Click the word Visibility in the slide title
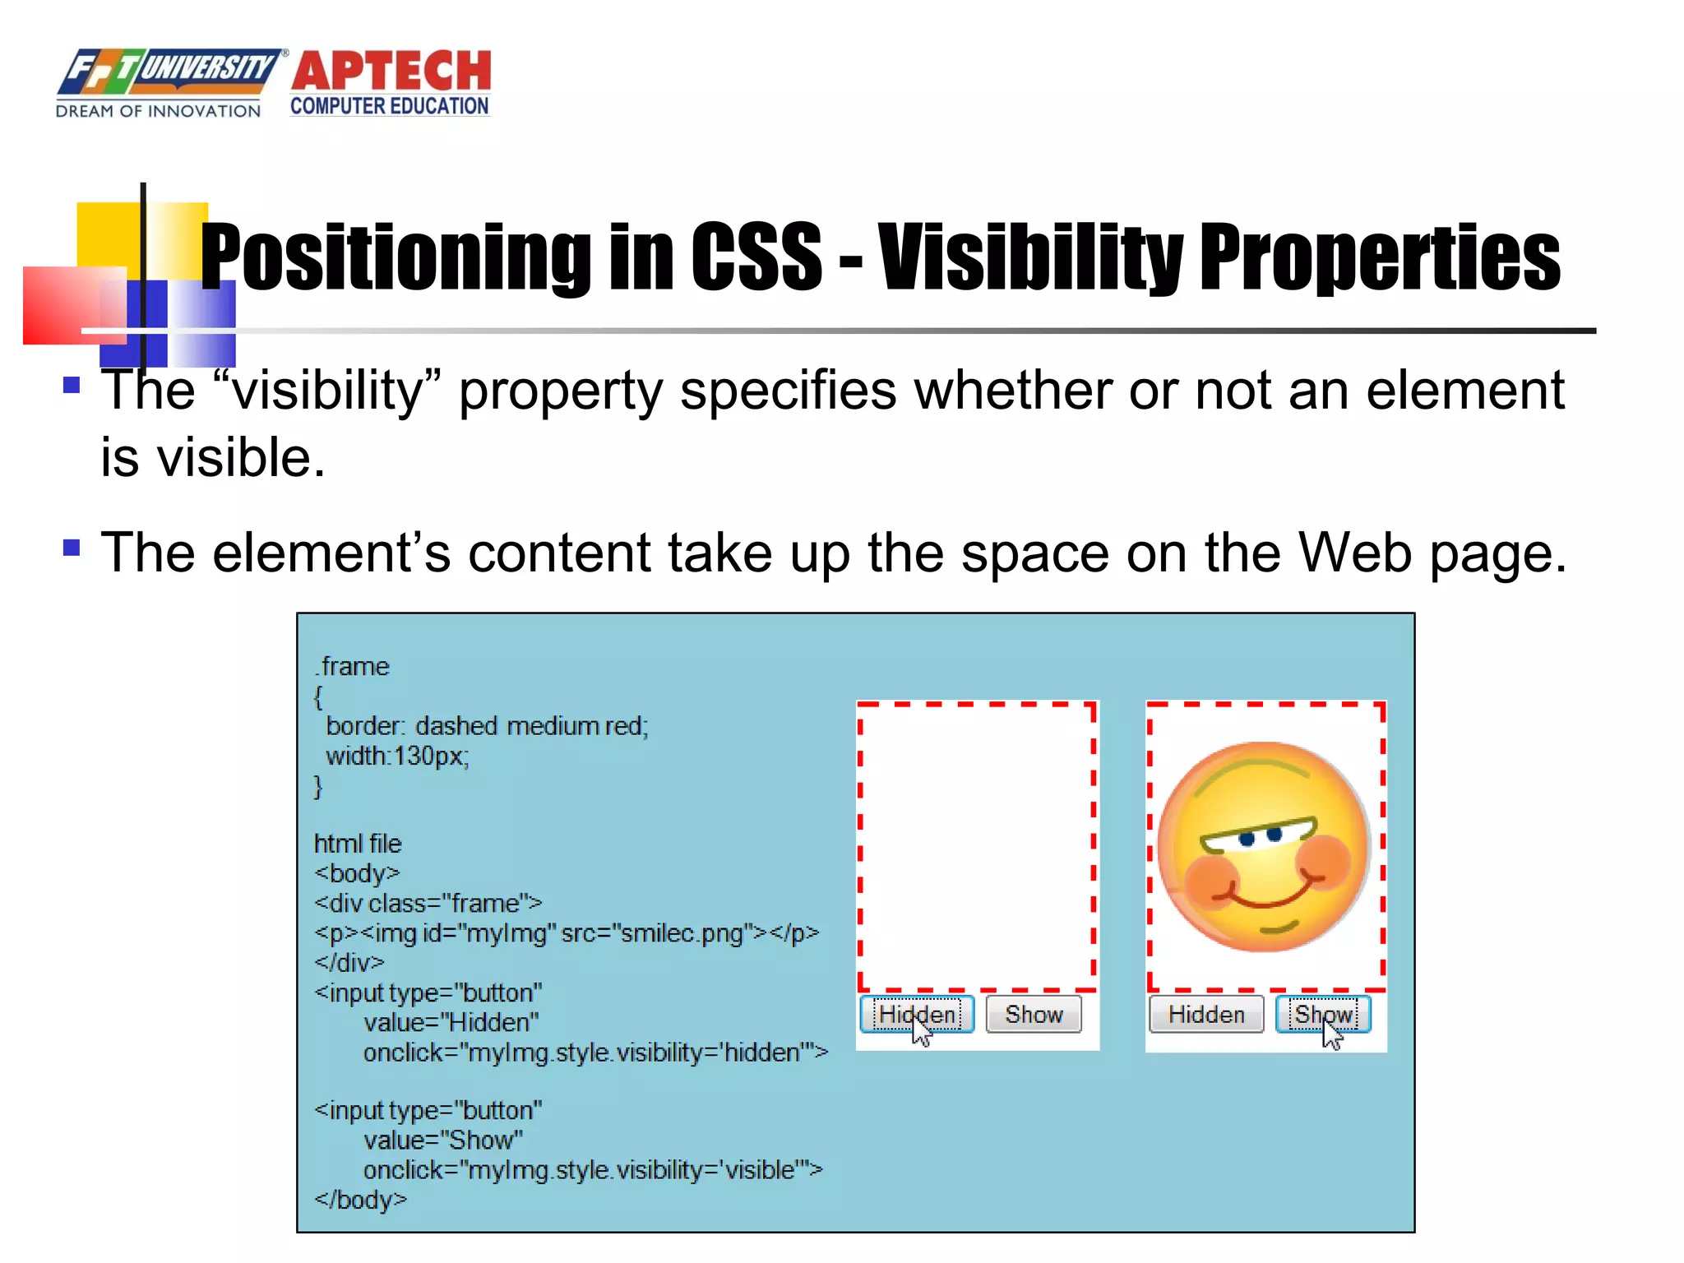point(1030,257)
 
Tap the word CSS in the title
point(756,257)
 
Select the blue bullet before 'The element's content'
point(72,548)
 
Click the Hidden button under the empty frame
point(917,1014)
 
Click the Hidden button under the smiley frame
point(1205,1014)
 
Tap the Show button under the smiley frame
point(1323,1014)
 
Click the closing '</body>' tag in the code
point(360,1200)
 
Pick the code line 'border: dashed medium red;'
point(487,726)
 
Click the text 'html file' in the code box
point(358,844)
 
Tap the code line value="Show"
point(443,1140)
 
